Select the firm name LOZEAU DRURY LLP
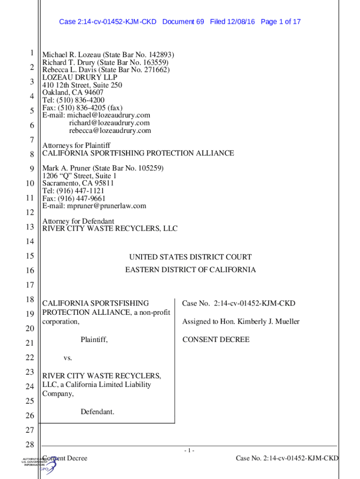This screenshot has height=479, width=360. [80, 77]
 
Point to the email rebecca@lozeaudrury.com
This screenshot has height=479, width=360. [110, 131]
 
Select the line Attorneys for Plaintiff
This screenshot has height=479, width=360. [76, 145]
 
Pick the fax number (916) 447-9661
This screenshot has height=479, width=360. [80, 198]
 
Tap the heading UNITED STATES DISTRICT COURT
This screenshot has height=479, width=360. [190, 257]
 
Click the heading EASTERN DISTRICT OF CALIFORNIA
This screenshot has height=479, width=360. [190, 270]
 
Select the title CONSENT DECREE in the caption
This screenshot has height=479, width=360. [216, 340]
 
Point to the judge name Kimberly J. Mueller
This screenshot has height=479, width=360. [267, 321]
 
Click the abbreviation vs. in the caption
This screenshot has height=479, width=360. [68, 358]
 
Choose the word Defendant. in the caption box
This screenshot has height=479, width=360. [97, 412]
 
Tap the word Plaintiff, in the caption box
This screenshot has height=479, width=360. [94, 340]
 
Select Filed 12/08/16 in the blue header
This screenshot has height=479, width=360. [232, 22]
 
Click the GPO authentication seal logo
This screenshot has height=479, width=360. [43, 465]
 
